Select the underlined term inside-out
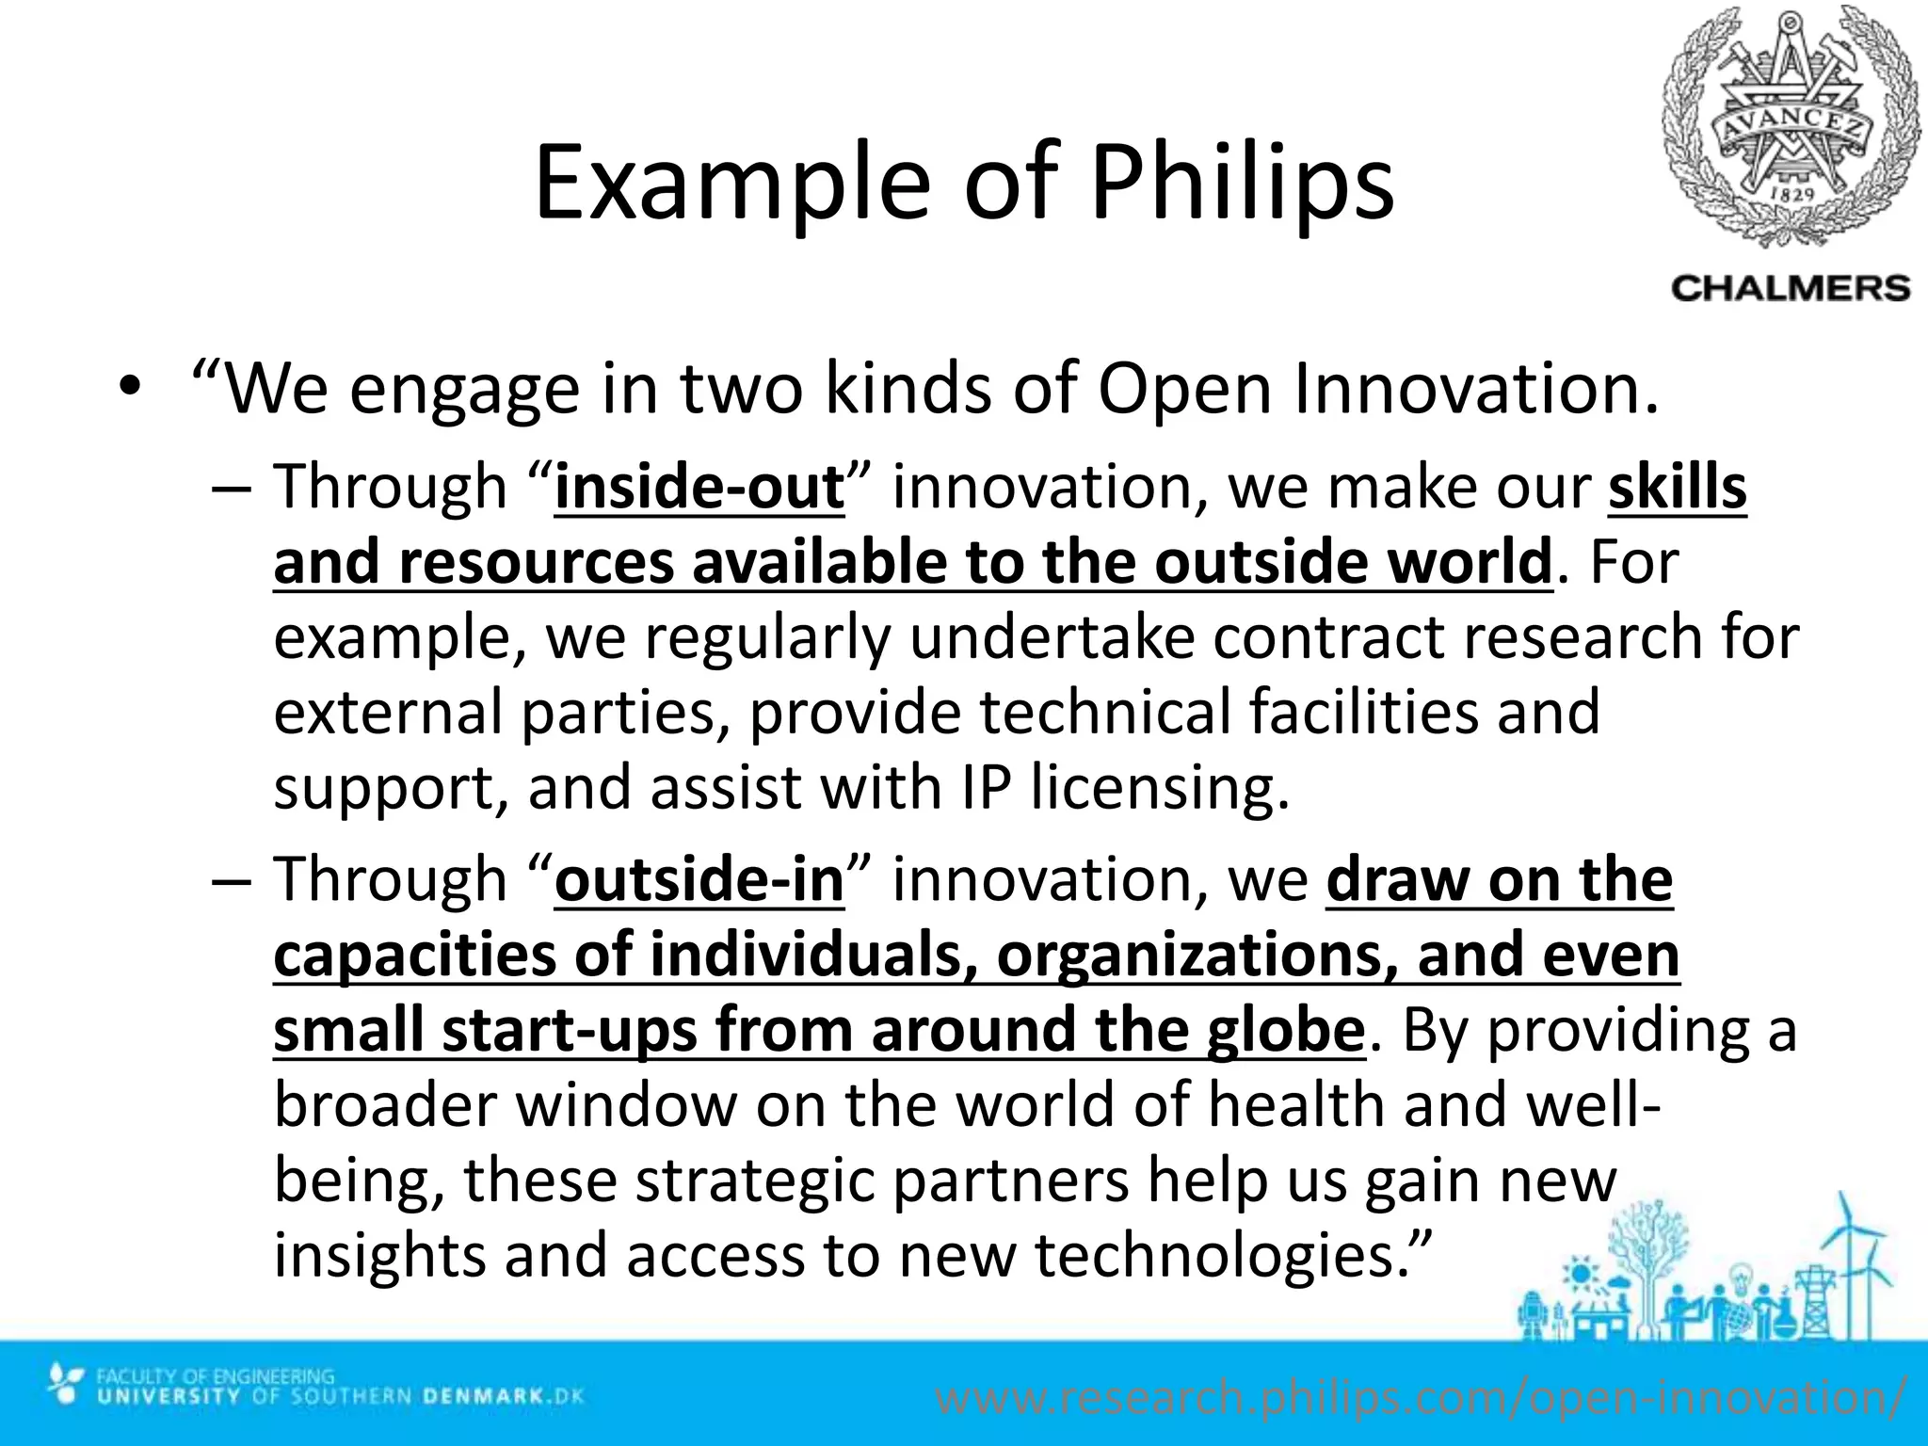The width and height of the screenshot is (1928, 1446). click(x=699, y=488)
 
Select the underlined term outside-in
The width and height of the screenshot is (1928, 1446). click(x=699, y=880)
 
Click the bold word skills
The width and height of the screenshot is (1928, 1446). click(x=1677, y=488)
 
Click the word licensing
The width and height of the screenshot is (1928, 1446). click(x=1159, y=787)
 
